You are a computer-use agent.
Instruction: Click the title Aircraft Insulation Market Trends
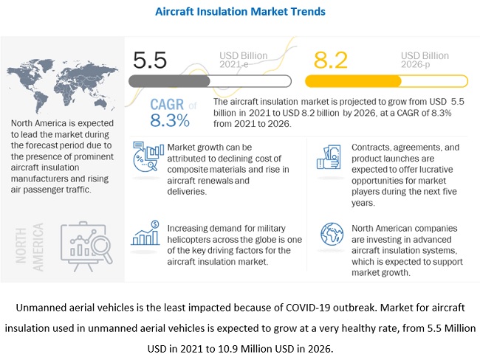[240, 12]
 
